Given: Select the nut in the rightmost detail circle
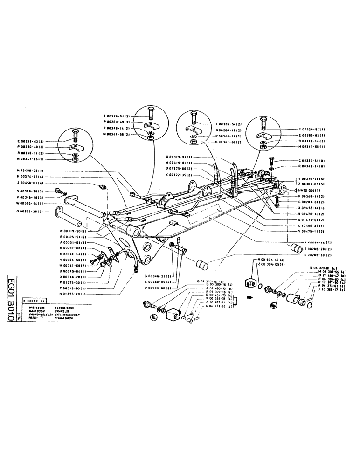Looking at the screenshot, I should (x=263, y=146).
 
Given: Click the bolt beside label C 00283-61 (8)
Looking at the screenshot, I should (x=272, y=162).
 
